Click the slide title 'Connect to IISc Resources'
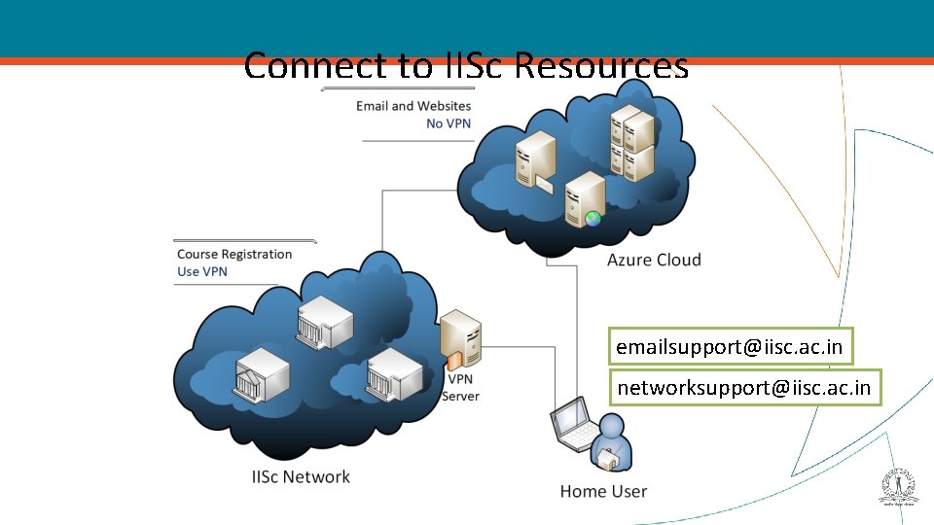(x=466, y=66)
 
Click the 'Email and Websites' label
(x=413, y=106)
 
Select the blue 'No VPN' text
(x=449, y=123)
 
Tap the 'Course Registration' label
(x=234, y=255)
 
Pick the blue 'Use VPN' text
(x=202, y=272)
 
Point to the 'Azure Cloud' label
(x=654, y=260)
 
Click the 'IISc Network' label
(x=301, y=476)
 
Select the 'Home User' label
(x=603, y=492)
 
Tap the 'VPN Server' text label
(x=461, y=388)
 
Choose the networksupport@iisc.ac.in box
(x=744, y=389)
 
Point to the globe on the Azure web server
(x=593, y=220)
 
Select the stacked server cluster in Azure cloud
(x=631, y=143)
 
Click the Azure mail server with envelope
(x=536, y=160)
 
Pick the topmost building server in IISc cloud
(x=322, y=319)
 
